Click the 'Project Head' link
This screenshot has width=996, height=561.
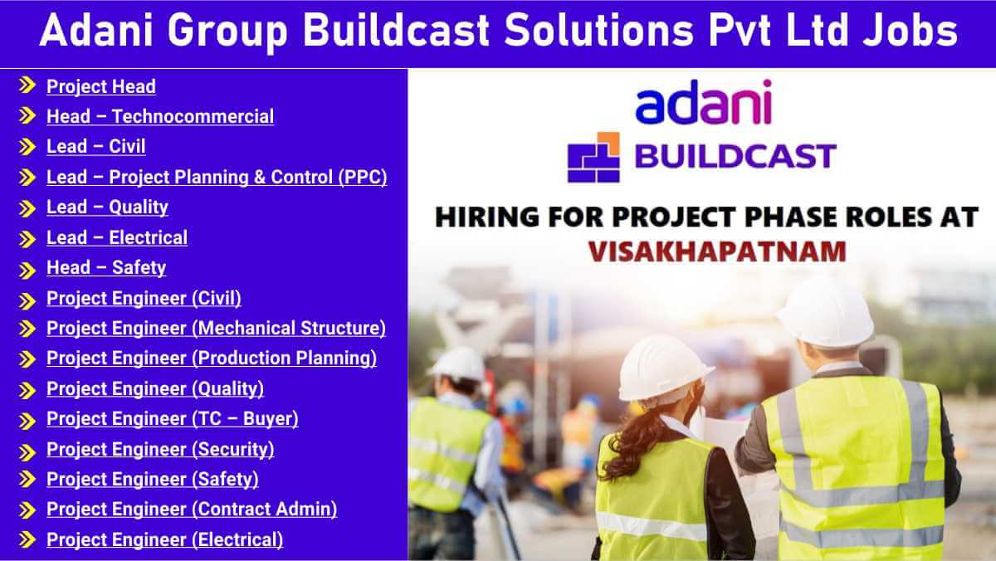click(101, 86)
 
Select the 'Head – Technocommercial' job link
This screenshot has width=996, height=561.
click(160, 116)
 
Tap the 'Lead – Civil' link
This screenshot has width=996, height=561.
click(95, 146)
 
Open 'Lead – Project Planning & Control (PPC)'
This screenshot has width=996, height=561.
click(217, 177)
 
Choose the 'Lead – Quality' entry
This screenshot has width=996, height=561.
click(107, 207)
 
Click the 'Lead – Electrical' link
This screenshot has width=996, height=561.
click(117, 237)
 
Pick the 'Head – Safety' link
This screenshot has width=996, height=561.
click(106, 267)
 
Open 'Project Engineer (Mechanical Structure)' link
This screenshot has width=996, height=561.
click(216, 328)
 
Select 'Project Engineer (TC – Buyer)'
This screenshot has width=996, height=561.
click(172, 419)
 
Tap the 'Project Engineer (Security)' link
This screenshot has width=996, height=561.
click(160, 449)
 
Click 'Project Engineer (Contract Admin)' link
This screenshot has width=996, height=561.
click(192, 510)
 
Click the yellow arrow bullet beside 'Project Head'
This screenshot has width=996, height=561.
click(27, 85)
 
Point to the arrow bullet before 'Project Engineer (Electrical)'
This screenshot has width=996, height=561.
click(27, 539)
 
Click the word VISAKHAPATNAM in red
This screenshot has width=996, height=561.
click(717, 251)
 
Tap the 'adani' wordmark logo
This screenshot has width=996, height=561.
click(704, 102)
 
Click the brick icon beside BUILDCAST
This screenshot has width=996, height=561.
click(593, 158)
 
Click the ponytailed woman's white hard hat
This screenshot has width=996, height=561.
click(663, 368)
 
